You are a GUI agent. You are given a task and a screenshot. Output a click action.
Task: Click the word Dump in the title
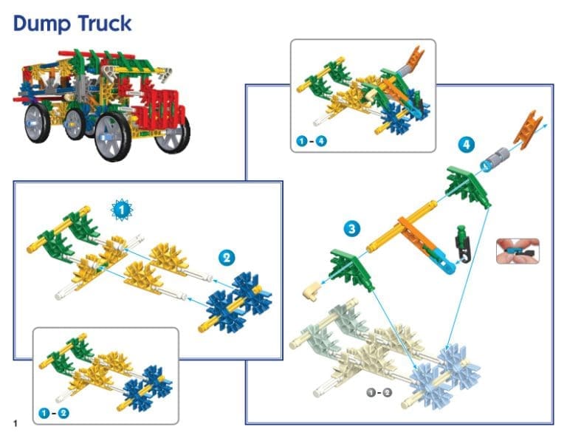pyautogui.click(x=41, y=24)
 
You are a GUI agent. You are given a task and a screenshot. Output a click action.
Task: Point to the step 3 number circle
pyautogui.click(x=353, y=229)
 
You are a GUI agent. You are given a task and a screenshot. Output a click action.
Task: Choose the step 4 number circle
pyautogui.click(x=465, y=145)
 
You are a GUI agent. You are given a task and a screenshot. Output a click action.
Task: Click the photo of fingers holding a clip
pyautogui.click(x=518, y=251)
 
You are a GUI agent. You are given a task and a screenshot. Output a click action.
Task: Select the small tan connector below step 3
pyautogui.click(x=310, y=292)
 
